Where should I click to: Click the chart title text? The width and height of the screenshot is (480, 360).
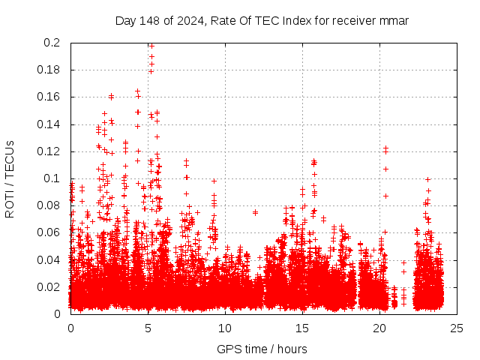click(x=262, y=20)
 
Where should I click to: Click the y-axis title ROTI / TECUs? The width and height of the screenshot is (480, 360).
click(x=10, y=178)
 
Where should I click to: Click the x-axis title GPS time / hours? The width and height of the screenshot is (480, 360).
click(x=262, y=349)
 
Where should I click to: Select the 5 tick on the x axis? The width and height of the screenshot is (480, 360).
click(x=148, y=328)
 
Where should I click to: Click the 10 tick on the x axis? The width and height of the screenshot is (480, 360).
click(x=225, y=328)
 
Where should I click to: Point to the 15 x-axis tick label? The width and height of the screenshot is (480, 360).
click(x=302, y=328)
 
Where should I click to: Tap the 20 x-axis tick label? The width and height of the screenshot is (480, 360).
click(x=379, y=328)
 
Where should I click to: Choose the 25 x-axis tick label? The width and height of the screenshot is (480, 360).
click(x=457, y=328)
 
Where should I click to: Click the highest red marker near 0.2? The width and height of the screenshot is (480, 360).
click(x=151, y=46)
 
